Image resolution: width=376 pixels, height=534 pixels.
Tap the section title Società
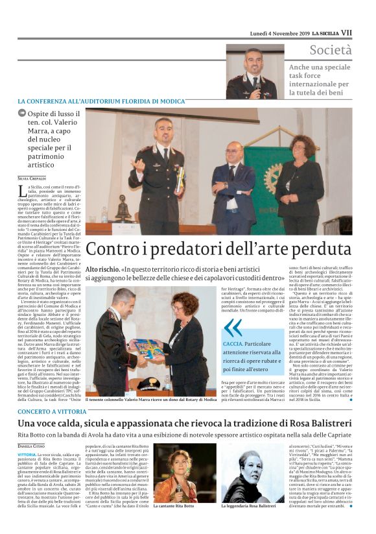click(331, 50)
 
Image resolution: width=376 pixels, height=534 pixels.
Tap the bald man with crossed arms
click(234, 175)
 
